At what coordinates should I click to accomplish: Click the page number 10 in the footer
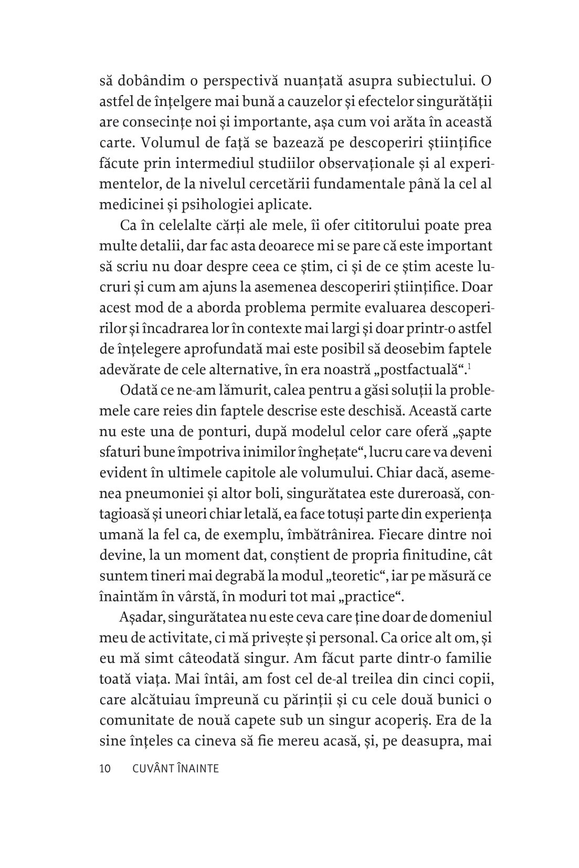104,769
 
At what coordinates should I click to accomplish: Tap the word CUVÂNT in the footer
151,769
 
